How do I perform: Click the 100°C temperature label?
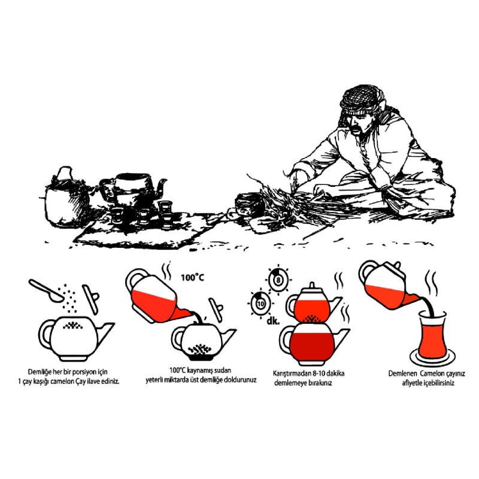pyautogui.click(x=192, y=277)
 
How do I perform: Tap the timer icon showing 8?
pyautogui.click(x=278, y=280)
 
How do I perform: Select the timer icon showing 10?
pyautogui.click(x=260, y=304)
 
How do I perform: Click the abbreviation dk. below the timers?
pyautogui.click(x=273, y=321)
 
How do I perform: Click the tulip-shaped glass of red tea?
pyautogui.click(x=432, y=334)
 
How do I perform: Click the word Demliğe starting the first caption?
pyautogui.click(x=40, y=372)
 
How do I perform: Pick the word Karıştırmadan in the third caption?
pyautogui.click(x=292, y=373)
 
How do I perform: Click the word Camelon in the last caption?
pyautogui.click(x=432, y=373)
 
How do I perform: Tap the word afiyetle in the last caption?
pyautogui.click(x=413, y=383)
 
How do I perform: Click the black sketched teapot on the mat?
pyautogui.click(x=133, y=189)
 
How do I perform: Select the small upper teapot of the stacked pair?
pyautogui.click(x=312, y=304)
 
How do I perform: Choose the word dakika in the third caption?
pyautogui.click(x=335, y=373)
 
